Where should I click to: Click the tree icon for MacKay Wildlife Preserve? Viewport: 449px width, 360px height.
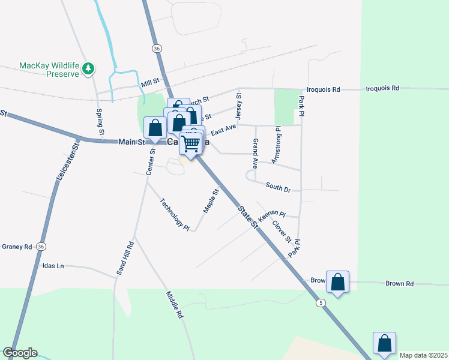(x=89, y=68)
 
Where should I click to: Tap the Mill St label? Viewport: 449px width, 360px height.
(x=150, y=80)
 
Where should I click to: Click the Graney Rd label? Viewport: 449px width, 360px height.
(x=16, y=247)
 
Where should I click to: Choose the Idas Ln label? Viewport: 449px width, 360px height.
(x=53, y=266)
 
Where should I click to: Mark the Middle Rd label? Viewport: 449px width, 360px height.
(x=174, y=304)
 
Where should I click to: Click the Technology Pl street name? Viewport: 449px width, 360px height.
(x=175, y=214)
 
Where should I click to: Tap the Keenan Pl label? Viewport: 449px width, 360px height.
(x=271, y=215)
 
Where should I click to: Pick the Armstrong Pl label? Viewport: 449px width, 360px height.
(x=276, y=145)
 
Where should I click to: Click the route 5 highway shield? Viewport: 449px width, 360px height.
(x=322, y=304)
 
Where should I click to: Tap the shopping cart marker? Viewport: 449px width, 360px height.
(x=190, y=143)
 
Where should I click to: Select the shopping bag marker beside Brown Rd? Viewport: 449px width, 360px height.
(x=338, y=281)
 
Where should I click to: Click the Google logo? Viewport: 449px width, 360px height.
(x=20, y=353)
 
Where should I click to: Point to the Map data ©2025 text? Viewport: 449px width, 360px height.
(x=423, y=355)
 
